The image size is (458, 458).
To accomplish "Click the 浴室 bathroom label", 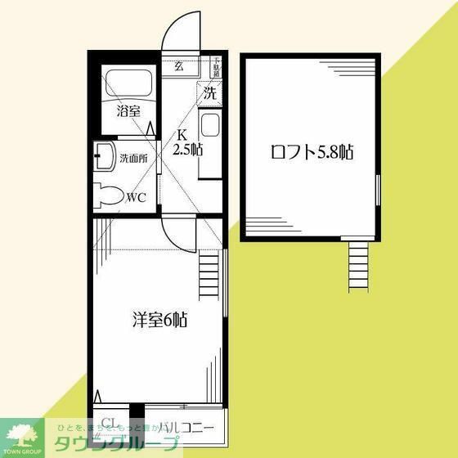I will pyautogui.click(x=128, y=110).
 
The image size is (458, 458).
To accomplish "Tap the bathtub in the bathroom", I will pyautogui.click(x=128, y=85).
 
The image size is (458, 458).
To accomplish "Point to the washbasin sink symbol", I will pyautogui.click(x=104, y=157).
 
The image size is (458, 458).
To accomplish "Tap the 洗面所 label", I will pyautogui.click(x=133, y=158).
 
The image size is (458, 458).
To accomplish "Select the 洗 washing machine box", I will pyautogui.click(x=210, y=93).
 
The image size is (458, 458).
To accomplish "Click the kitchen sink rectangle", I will pyautogui.click(x=209, y=127).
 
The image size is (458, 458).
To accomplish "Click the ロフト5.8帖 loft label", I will pyautogui.click(x=312, y=152).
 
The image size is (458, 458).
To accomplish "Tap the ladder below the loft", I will pyautogui.click(x=360, y=266).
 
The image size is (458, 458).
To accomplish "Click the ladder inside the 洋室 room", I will pyautogui.click(x=209, y=275).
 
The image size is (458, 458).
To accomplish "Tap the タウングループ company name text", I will pyautogui.click(x=116, y=445).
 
